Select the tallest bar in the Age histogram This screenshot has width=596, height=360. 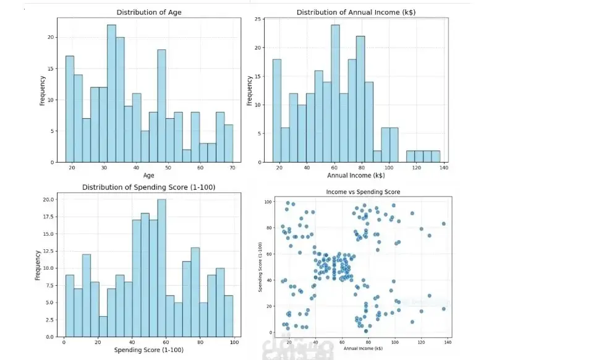(111, 93)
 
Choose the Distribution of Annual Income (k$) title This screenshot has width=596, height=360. (355, 12)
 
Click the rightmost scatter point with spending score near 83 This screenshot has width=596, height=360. (443, 223)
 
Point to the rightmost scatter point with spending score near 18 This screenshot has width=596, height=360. (443, 309)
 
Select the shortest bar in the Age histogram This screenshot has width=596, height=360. (187, 156)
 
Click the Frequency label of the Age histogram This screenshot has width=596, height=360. (43, 90)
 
